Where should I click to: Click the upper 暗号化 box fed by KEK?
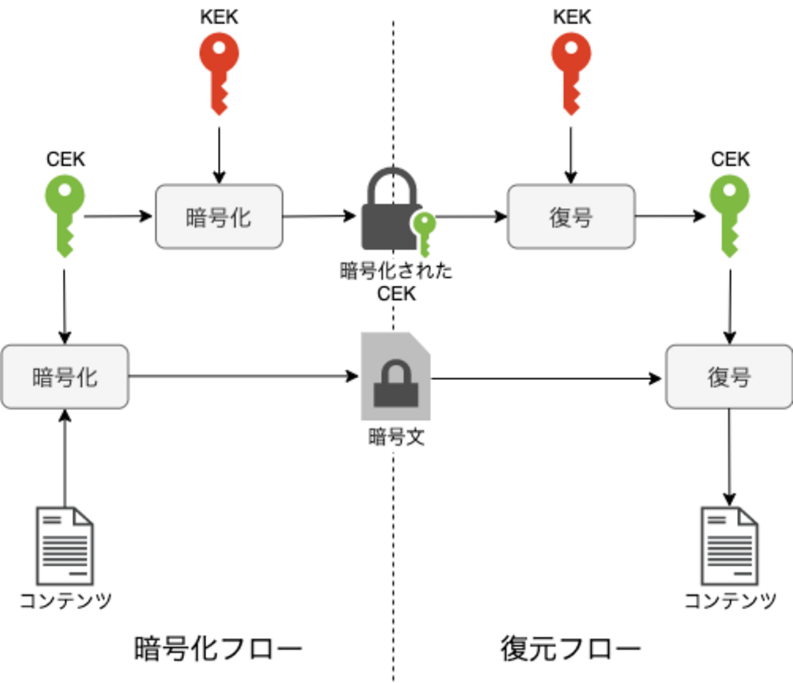(219, 217)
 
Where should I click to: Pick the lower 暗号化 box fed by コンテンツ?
(65, 377)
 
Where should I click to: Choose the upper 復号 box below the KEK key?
(571, 217)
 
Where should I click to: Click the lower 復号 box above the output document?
(729, 377)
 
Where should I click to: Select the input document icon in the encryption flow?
(65, 545)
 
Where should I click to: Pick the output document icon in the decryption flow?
(729, 545)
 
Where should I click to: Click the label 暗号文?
(396, 437)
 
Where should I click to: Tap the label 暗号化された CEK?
(396, 281)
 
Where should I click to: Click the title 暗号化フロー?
(218, 648)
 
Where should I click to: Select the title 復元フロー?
(570, 648)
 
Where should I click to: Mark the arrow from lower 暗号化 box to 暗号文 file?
(244, 376)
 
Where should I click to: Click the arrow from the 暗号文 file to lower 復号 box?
(546, 379)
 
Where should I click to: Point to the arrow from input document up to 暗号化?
(65, 457)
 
